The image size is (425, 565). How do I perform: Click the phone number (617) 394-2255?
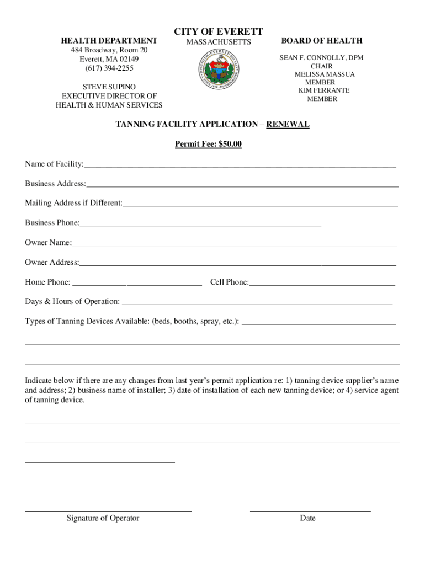(109, 68)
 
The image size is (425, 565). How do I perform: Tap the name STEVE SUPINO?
(109, 87)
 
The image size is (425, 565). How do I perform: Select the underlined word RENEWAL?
(288, 125)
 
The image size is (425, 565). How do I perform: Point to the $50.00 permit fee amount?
(230, 145)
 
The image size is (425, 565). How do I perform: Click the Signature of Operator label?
(103, 518)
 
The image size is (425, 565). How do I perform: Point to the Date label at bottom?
(308, 518)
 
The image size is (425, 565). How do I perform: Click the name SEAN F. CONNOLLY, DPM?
(321, 58)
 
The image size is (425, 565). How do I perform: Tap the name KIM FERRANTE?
(324, 90)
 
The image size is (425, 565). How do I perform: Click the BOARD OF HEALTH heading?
(322, 40)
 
